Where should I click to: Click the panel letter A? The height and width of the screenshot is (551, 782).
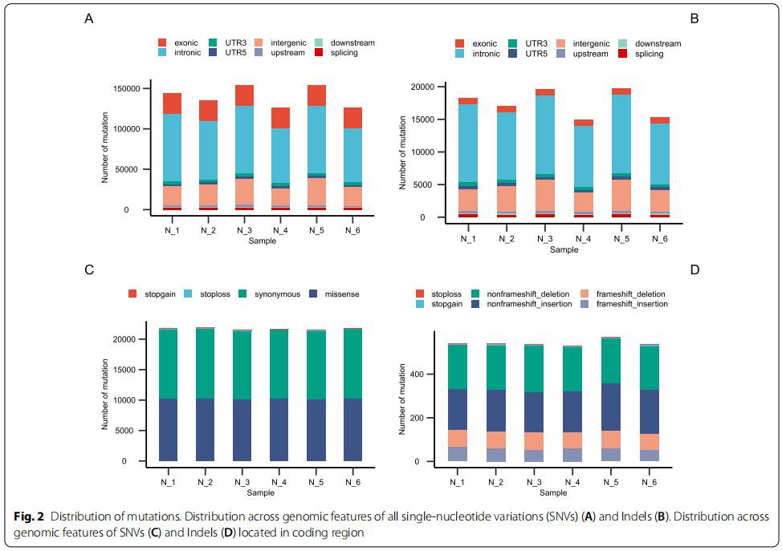pyautogui.click(x=88, y=18)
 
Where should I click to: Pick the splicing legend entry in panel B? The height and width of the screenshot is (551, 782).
pyautogui.click(x=649, y=54)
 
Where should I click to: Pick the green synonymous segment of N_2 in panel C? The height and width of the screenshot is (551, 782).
pyautogui.click(x=206, y=363)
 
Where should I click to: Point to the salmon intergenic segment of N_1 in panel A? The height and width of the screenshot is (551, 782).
pyautogui.click(x=172, y=195)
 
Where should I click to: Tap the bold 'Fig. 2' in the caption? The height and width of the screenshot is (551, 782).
pyautogui.click(x=27, y=517)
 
